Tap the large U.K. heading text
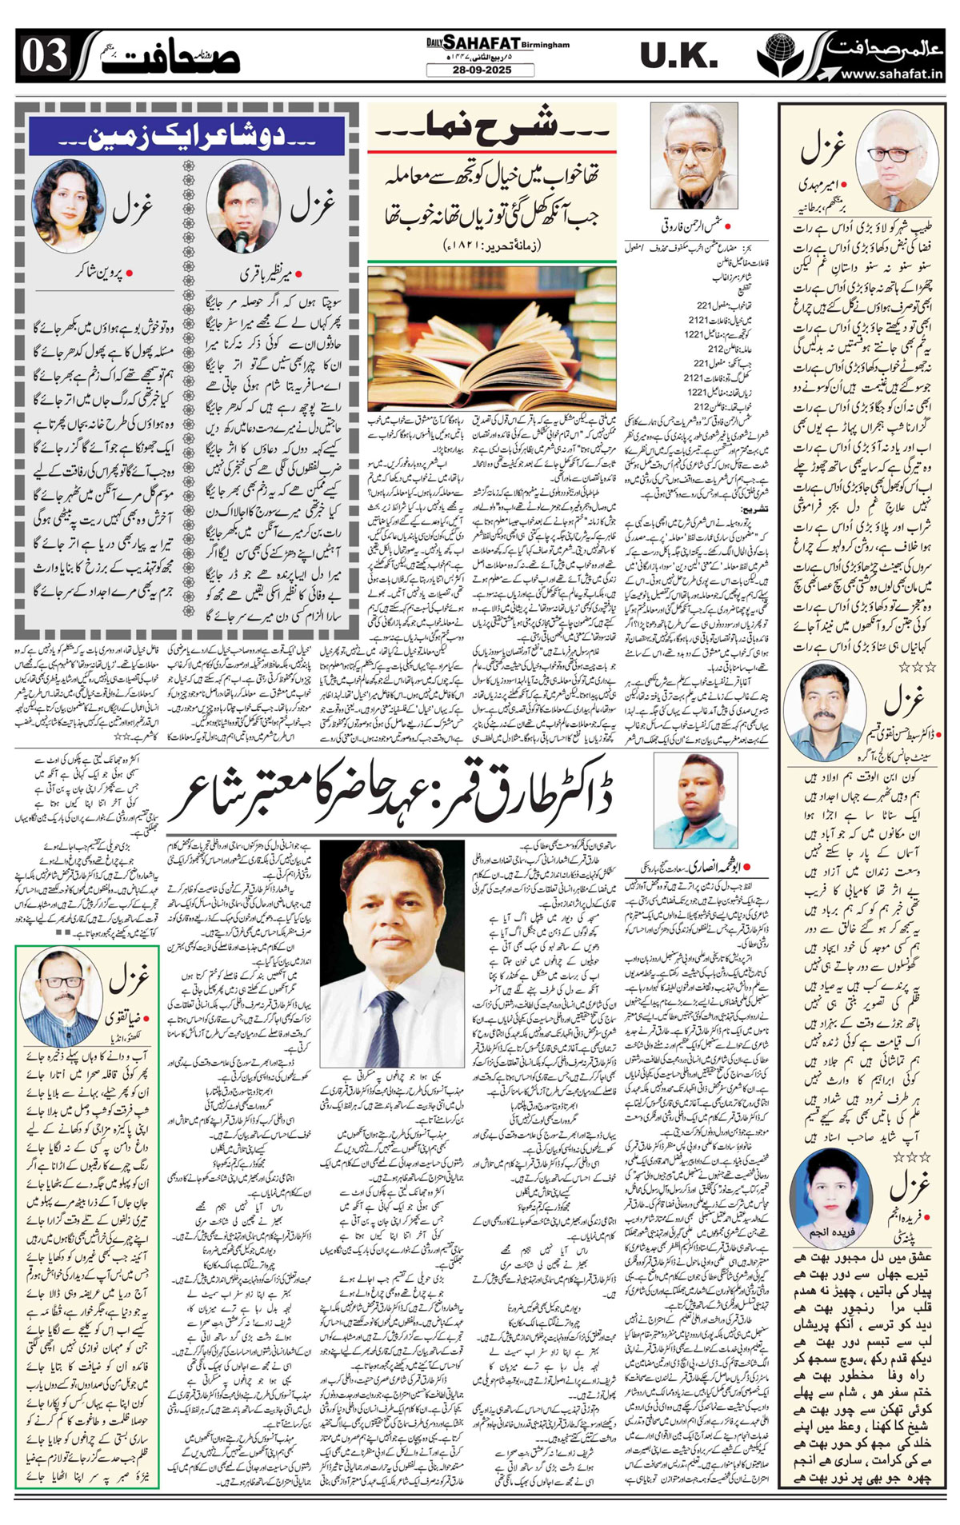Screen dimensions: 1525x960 point(679,56)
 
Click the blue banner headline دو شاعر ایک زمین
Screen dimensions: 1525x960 point(186,137)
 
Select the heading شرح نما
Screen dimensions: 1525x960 point(490,126)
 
